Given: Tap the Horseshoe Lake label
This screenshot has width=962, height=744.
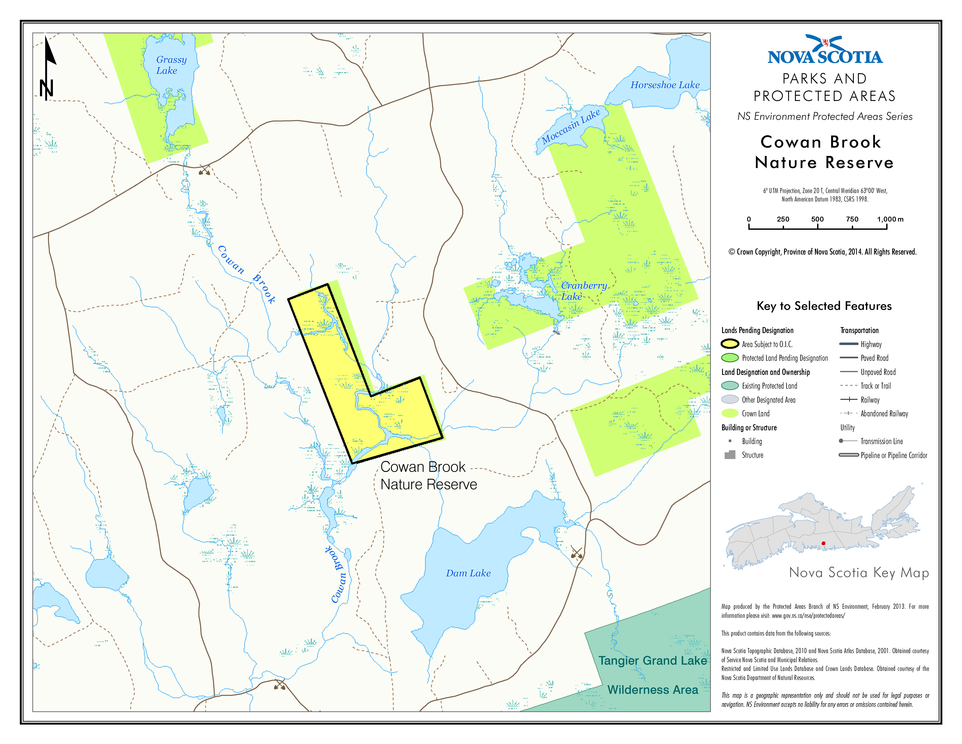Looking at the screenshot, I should point(665,85).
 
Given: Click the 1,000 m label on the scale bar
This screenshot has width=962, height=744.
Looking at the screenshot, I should point(890,219).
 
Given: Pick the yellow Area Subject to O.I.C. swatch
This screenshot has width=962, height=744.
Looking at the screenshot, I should point(730,344).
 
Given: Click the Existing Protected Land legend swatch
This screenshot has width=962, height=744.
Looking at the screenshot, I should point(730,386).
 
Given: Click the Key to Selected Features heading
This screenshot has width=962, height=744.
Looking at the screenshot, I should point(824,306).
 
